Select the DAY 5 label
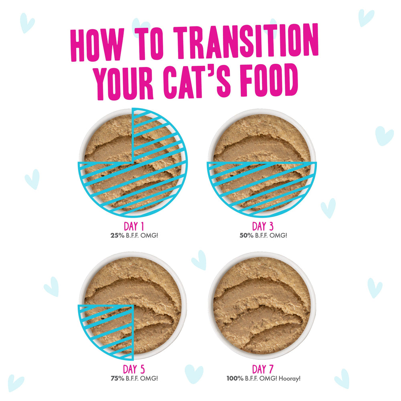(132, 369)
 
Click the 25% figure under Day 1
(116, 235)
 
